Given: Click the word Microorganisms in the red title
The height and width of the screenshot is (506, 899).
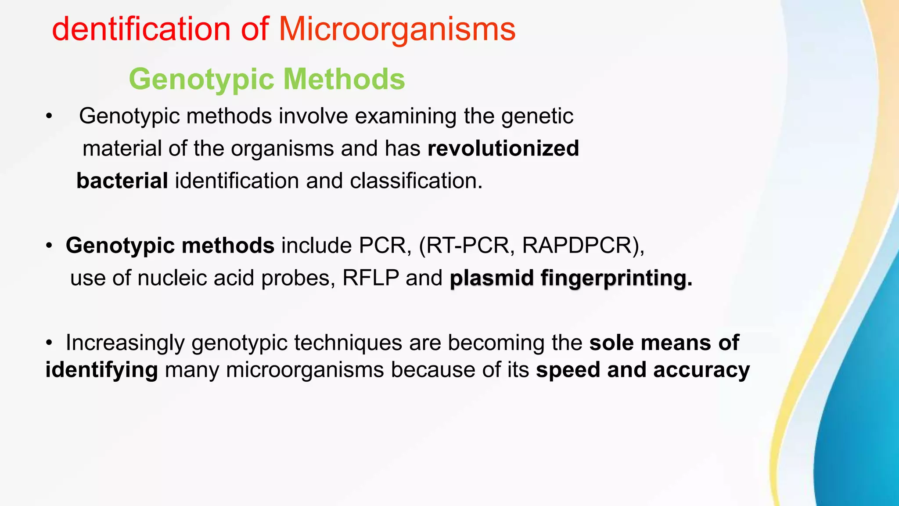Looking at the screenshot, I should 397,29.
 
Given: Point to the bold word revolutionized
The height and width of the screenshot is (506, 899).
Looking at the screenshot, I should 503,148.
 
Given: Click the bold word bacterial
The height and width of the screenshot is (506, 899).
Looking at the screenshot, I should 122,181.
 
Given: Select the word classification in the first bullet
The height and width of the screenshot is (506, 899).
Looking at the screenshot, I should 416,181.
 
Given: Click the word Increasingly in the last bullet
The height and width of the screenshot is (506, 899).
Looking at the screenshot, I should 125,343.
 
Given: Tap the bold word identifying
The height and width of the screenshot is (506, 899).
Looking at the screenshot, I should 101,370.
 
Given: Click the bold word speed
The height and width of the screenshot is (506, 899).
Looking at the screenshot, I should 568,370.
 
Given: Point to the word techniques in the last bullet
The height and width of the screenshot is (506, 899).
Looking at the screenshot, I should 348,343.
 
